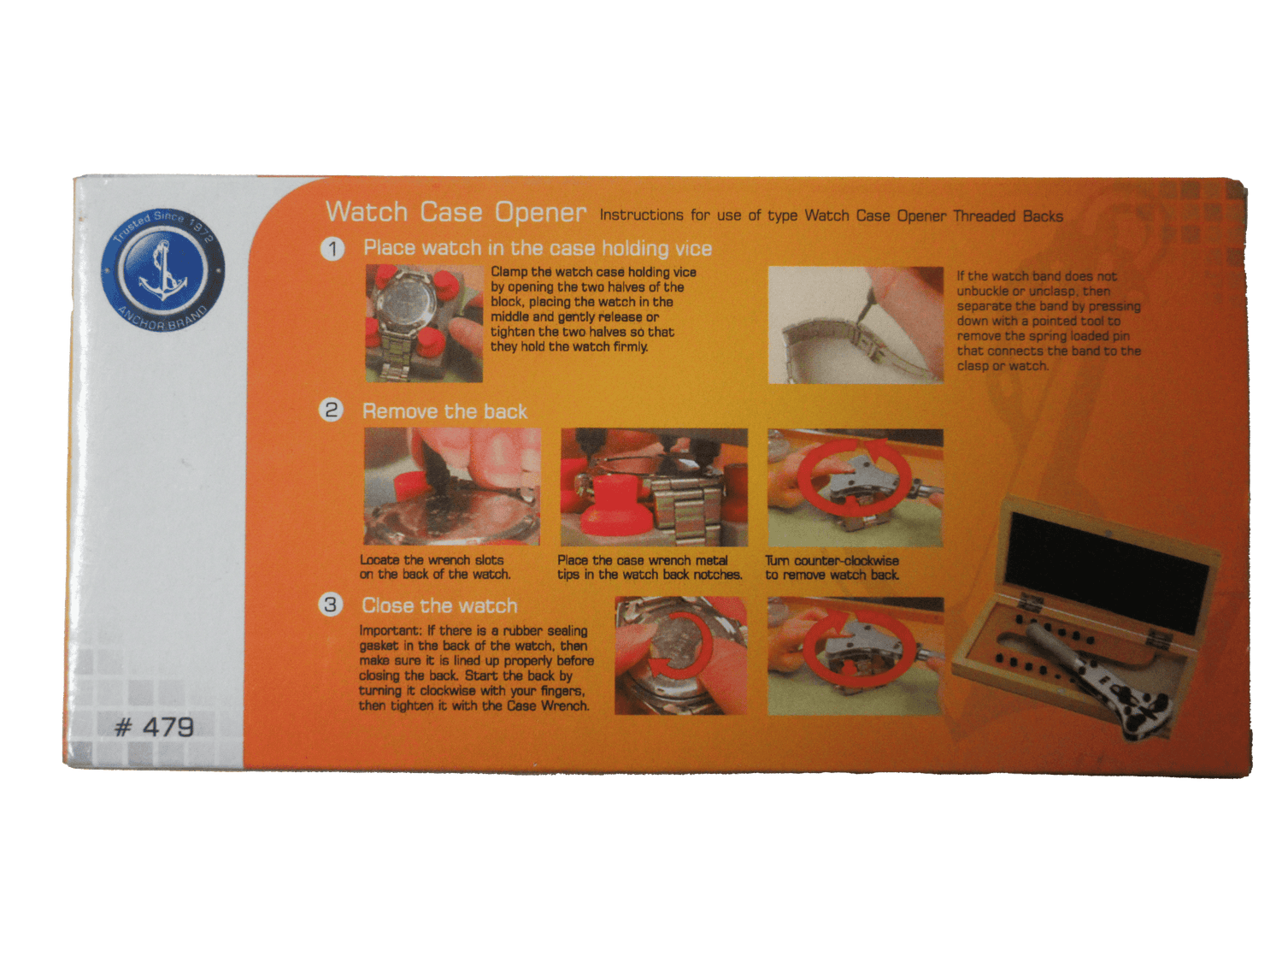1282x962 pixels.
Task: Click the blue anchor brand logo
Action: click(x=162, y=270)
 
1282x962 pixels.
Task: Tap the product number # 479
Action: click(x=154, y=728)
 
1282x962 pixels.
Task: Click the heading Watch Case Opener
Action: click(x=456, y=211)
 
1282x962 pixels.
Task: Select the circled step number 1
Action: click(x=332, y=249)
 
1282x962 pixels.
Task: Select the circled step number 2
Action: click(x=331, y=410)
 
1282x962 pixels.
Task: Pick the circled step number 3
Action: click(x=330, y=605)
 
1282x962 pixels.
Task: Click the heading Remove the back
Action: click(x=444, y=411)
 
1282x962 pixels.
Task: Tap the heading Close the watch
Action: click(x=439, y=605)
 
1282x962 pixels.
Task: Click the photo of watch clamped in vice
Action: click(x=424, y=323)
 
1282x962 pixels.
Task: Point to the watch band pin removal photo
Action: click(x=855, y=325)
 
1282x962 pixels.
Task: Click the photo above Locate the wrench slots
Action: click(x=452, y=487)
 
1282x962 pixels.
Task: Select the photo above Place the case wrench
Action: click(x=654, y=487)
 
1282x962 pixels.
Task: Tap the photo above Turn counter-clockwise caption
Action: click(x=855, y=487)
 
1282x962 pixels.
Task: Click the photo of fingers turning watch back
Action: click(x=680, y=655)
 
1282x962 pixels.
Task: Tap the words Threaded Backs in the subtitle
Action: click(x=1008, y=216)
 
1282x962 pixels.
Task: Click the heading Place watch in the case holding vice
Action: click(x=538, y=248)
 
